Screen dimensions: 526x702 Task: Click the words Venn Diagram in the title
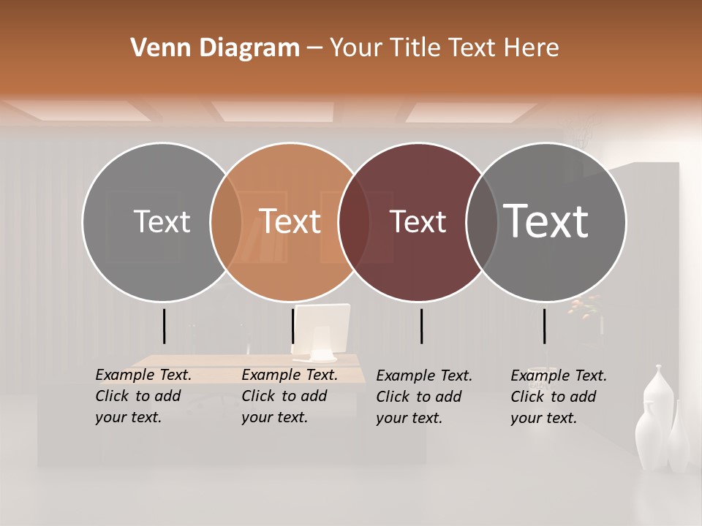click(x=215, y=48)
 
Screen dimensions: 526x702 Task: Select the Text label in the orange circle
click(x=290, y=221)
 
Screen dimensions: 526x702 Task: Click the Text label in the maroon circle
click(x=418, y=221)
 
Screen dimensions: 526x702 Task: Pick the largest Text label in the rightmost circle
click(x=546, y=221)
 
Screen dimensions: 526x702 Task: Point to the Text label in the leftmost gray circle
click(x=162, y=221)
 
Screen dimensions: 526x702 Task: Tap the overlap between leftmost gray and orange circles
click(x=226, y=221)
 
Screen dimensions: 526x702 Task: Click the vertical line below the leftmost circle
click(x=165, y=326)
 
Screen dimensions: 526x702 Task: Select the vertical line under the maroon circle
click(x=422, y=326)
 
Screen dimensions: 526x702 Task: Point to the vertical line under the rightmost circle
click(x=545, y=326)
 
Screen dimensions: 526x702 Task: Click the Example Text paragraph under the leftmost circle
click(x=143, y=396)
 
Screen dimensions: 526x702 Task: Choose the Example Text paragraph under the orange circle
click(x=290, y=396)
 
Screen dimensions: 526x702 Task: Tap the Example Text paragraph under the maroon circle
click(x=424, y=397)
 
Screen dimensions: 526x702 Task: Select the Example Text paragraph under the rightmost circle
click(x=559, y=397)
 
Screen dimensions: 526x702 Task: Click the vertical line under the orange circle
click(x=293, y=326)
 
